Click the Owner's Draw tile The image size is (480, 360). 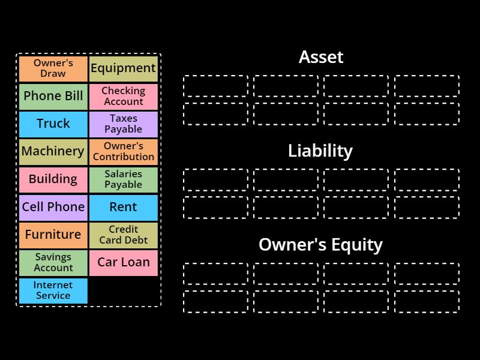(53, 68)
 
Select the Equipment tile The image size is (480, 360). (124, 68)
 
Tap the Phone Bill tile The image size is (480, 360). (53, 96)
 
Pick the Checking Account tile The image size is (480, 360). (124, 96)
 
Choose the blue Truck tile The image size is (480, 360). (53, 124)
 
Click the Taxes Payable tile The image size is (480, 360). (124, 124)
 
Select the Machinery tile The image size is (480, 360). (53, 151)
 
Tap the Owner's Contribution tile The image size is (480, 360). (124, 151)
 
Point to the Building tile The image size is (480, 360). (53, 179)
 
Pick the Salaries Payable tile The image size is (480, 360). (124, 179)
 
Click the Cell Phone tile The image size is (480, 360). (53, 207)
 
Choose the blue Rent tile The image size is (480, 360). (124, 207)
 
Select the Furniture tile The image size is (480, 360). (53, 235)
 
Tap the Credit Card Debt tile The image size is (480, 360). (124, 235)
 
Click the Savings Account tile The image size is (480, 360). (53, 262)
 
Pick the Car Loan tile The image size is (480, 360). (124, 262)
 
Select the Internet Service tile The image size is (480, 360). (53, 290)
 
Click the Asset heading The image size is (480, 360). (321, 58)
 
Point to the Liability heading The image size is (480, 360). (320, 151)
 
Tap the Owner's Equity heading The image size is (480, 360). (320, 245)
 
